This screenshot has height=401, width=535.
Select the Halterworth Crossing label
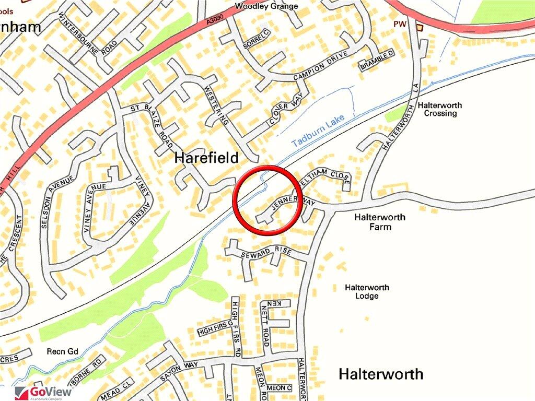(443, 109)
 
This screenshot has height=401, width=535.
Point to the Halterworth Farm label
(379, 222)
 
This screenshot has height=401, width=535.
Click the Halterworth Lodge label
(367, 292)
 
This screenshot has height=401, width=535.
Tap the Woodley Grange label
(266, 6)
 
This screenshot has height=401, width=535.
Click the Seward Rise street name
(266, 253)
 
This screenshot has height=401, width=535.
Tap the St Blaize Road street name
(152, 125)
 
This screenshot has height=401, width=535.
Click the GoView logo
(44, 392)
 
